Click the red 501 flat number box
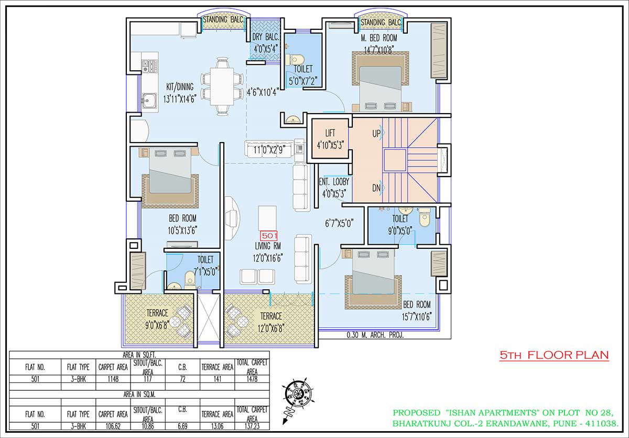tap(269, 236)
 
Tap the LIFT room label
tap(330, 133)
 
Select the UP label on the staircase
tap(376, 134)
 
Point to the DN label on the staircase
tap(376, 188)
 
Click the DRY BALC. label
tap(266, 37)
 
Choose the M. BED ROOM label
tap(379, 38)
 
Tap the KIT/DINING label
tap(180, 86)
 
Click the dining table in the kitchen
tap(222, 86)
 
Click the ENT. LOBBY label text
tap(334, 182)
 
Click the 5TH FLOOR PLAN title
tap(554, 355)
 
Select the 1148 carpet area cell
tap(113, 379)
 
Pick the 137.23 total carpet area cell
tap(252, 426)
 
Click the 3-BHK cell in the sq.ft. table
tap(78, 379)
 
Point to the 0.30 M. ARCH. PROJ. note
tap(375, 335)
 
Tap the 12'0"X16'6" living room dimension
tap(268, 258)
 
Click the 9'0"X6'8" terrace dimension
tap(157, 325)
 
